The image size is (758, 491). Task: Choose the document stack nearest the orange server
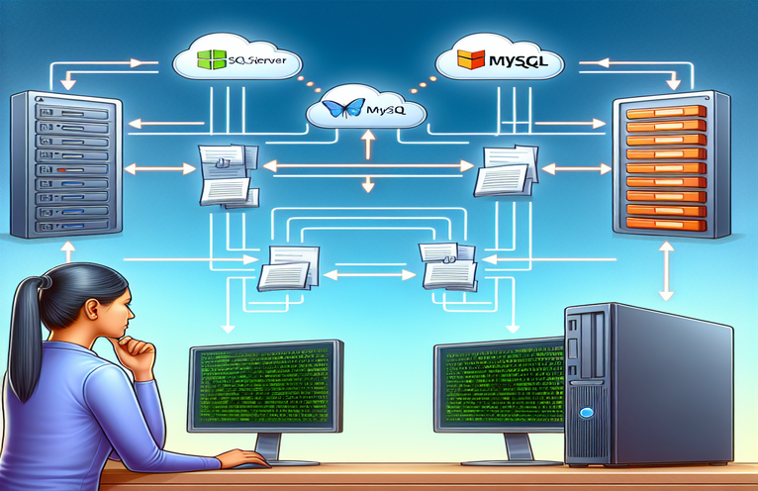506,171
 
